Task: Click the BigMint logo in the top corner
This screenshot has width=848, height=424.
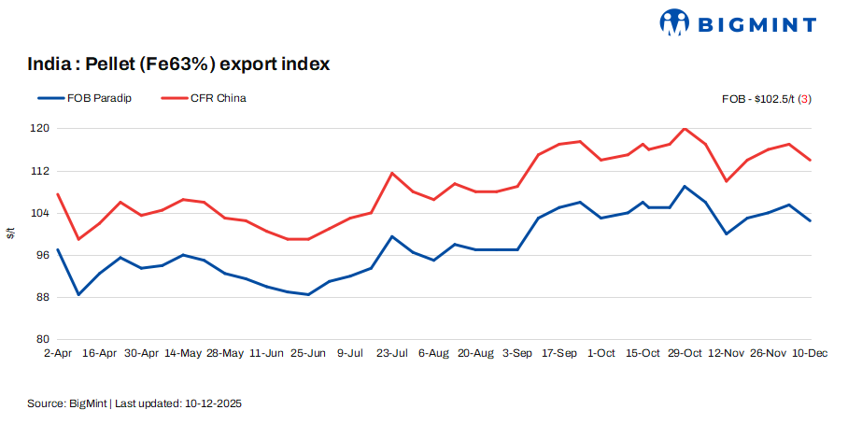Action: point(738,23)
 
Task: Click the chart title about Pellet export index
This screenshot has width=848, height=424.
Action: point(178,64)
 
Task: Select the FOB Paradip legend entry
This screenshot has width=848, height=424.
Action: point(85,98)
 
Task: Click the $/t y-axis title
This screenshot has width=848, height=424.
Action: point(10,233)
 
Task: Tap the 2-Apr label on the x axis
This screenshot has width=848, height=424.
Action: point(58,354)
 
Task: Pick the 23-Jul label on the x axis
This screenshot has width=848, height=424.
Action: point(391,354)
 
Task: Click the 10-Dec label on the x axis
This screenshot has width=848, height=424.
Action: point(810,354)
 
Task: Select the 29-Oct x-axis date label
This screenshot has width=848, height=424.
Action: point(685,354)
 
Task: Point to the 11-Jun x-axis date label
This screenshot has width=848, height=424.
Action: point(267,354)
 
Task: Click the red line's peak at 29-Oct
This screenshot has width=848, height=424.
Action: point(685,129)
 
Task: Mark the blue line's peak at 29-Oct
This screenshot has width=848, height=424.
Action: point(685,186)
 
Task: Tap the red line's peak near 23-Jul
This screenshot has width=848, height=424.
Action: point(392,173)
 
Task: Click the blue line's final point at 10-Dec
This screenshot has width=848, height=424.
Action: point(810,220)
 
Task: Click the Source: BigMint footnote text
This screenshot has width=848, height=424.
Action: point(136,403)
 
